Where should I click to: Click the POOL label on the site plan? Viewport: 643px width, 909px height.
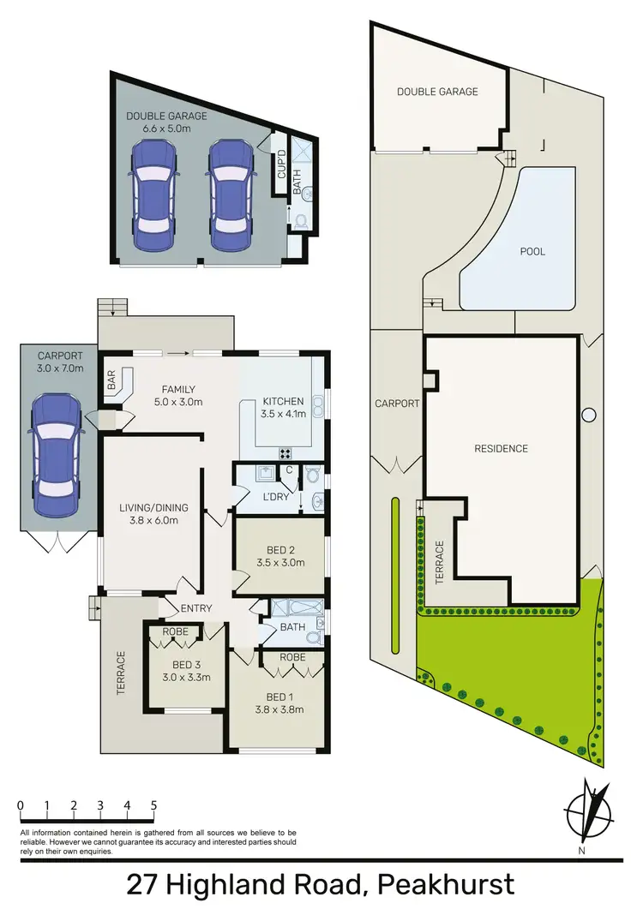tap(532, 252)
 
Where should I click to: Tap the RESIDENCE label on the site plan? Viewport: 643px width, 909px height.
tap(502, 448)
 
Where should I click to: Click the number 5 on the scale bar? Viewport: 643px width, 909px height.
tap(153, 805)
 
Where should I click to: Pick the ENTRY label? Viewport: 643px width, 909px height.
tap(196, 608)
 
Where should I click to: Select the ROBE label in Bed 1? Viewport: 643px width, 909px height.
tap(292, 658)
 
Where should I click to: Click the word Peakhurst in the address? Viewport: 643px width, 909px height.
tap(448, 883)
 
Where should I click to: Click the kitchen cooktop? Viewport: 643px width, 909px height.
tap(285, 452)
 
